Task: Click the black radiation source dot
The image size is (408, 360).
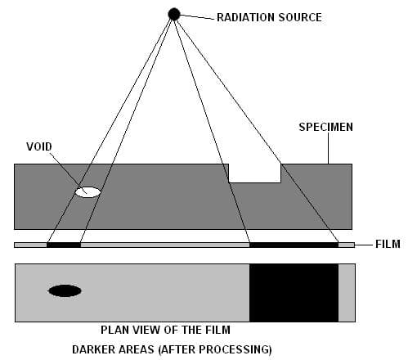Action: (174, 13)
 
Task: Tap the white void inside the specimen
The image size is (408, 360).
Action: (87, 192)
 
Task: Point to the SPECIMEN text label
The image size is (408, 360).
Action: (324, 127)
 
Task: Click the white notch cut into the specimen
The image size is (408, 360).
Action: (254, 173)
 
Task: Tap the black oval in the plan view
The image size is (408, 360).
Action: (65, 290)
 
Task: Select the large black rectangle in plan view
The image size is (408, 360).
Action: (294, 291)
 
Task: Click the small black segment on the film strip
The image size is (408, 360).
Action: (64, 244)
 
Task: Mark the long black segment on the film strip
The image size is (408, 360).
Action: (294, 244)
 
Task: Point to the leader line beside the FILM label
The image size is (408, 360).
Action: (365, 244)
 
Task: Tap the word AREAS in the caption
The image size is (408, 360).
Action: (140, 349)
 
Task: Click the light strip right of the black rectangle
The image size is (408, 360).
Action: (347, 291)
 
